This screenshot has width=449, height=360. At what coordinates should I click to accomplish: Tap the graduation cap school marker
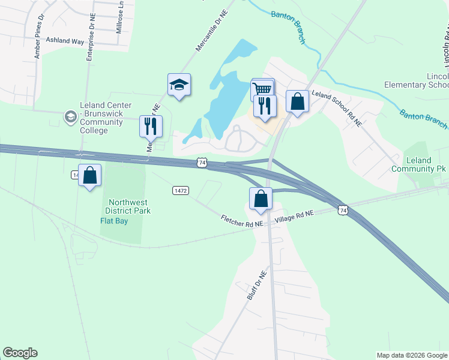[x=179, y=85]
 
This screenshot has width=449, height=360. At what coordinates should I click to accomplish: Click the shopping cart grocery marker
[x=262, y=89]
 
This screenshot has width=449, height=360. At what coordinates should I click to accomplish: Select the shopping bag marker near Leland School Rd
[x=297, y=101]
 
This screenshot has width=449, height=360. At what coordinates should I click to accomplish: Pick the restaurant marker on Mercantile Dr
[x=150, y=127]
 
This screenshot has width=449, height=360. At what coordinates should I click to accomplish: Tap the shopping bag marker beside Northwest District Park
[x=89, y=176]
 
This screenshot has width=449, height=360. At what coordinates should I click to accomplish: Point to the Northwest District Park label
[x=128, y=206]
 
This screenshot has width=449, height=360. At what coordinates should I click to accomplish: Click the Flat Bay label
[x=113, y=220]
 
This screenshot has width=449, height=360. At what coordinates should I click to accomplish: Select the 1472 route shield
[x=181, y=190]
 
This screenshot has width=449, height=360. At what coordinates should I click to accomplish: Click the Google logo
[x=20, y=353]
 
